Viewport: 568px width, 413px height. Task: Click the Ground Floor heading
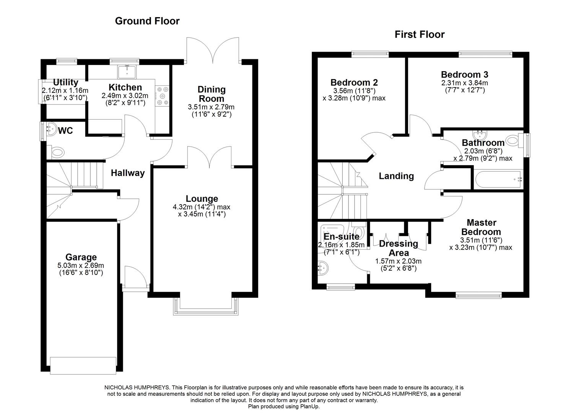(147, 21)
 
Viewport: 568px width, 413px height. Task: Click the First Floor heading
(420, 34)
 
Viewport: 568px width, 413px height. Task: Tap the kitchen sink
(127, 72)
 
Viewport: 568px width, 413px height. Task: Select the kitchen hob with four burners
(162, 96)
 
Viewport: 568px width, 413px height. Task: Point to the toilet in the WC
(56, 153)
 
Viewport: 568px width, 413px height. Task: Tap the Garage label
(81, 257)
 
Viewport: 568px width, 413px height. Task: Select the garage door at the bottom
(83, 366)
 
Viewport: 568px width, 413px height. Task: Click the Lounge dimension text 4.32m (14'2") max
(202, 207)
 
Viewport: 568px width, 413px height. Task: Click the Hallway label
(128, 173)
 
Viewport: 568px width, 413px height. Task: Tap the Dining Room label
(212, 94)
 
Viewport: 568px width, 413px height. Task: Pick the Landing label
(396, 176)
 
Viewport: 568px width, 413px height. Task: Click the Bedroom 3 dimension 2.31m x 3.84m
(465, 83)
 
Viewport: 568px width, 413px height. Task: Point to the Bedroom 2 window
(370, 54)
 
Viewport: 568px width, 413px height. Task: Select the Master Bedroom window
(479, 295)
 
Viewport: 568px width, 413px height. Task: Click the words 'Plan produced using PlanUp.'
(284, 406)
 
